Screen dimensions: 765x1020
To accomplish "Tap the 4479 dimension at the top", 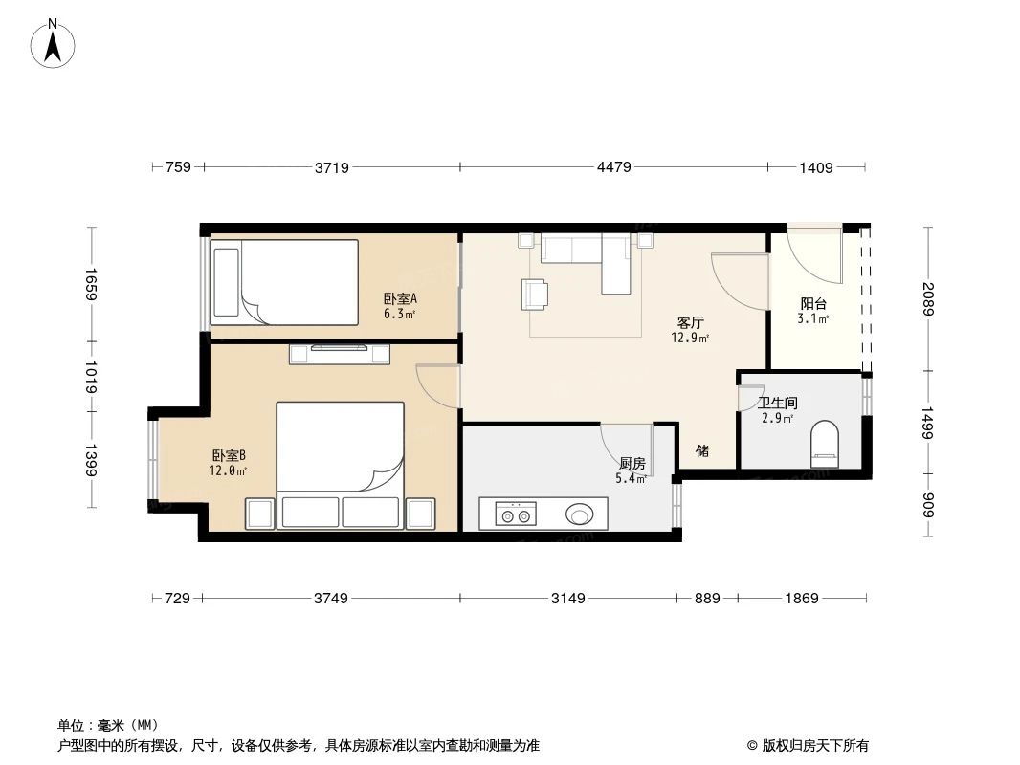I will [613, 167].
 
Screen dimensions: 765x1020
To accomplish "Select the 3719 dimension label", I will [331, 167].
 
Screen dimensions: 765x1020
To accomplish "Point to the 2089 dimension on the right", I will [927, 299].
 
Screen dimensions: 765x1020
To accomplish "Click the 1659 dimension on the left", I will [92, 284].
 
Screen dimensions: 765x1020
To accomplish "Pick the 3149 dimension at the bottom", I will [567, 599].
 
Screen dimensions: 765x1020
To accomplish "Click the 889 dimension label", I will [707, 599].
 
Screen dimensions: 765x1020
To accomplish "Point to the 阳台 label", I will [813, 304].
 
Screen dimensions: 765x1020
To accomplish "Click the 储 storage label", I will [702, 450].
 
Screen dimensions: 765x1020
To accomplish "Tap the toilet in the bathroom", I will [823, 446].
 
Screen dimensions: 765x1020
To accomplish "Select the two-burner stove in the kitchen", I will [515, 515].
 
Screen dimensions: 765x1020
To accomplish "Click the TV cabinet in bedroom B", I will [341, 354].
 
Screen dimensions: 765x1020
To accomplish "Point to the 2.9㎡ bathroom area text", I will [776, 419].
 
